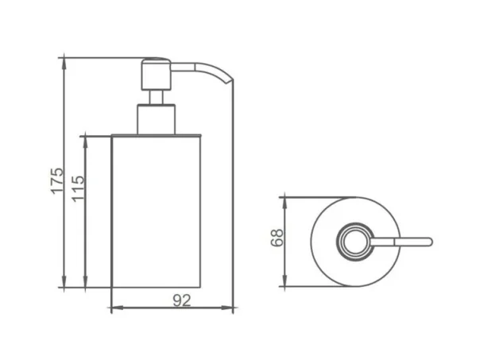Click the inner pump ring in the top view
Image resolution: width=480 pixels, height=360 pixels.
(x=350, y=240)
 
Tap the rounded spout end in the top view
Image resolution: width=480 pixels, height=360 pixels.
(x=428, y=241)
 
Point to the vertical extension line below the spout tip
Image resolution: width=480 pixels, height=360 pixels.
(x=233, y=199)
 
